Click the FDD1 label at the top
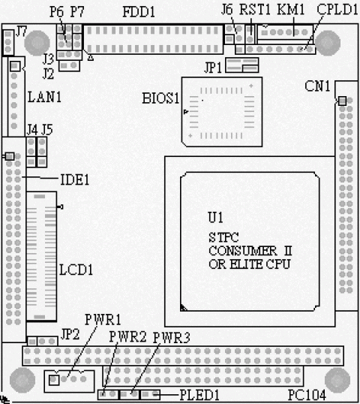pos(139,12)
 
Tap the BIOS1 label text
pos(160,98)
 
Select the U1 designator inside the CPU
pos(215,218)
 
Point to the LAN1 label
pos(44,97)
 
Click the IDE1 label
pos(74,179)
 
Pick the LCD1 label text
pos(76,270)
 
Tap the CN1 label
pos(317,86)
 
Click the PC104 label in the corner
pos(307,395)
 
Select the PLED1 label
pos(199,395)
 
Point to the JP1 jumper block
pos(242,65)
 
